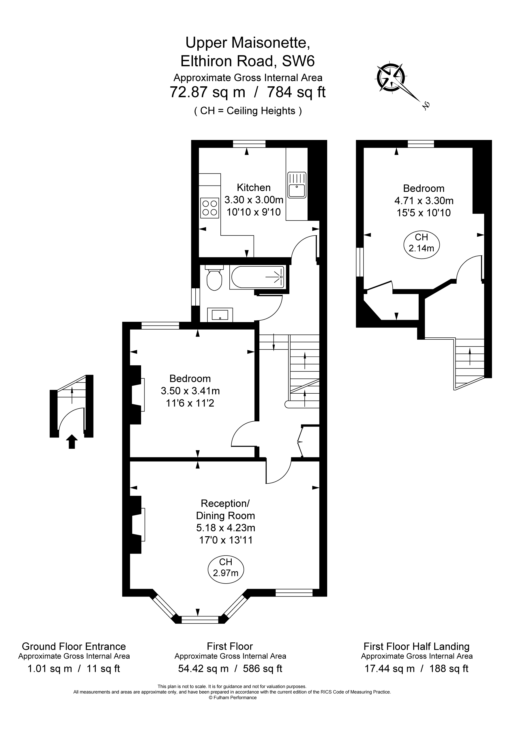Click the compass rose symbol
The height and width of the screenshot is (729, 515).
tap(391, 78)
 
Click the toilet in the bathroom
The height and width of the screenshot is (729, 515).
tap(214, 279)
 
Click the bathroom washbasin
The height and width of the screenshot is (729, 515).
tap(220, 315)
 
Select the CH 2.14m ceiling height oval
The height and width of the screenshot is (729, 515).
tap(421, 243)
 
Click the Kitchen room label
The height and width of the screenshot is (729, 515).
tap(254, 187)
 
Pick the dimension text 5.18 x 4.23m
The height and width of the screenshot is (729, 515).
tap(225, 528)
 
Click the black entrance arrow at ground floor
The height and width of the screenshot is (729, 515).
tap(72, 442)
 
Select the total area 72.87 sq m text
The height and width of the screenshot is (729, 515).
tap(208, 92)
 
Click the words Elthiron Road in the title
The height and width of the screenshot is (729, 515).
tap(227, 61)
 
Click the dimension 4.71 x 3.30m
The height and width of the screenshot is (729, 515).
tap(424, 201)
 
